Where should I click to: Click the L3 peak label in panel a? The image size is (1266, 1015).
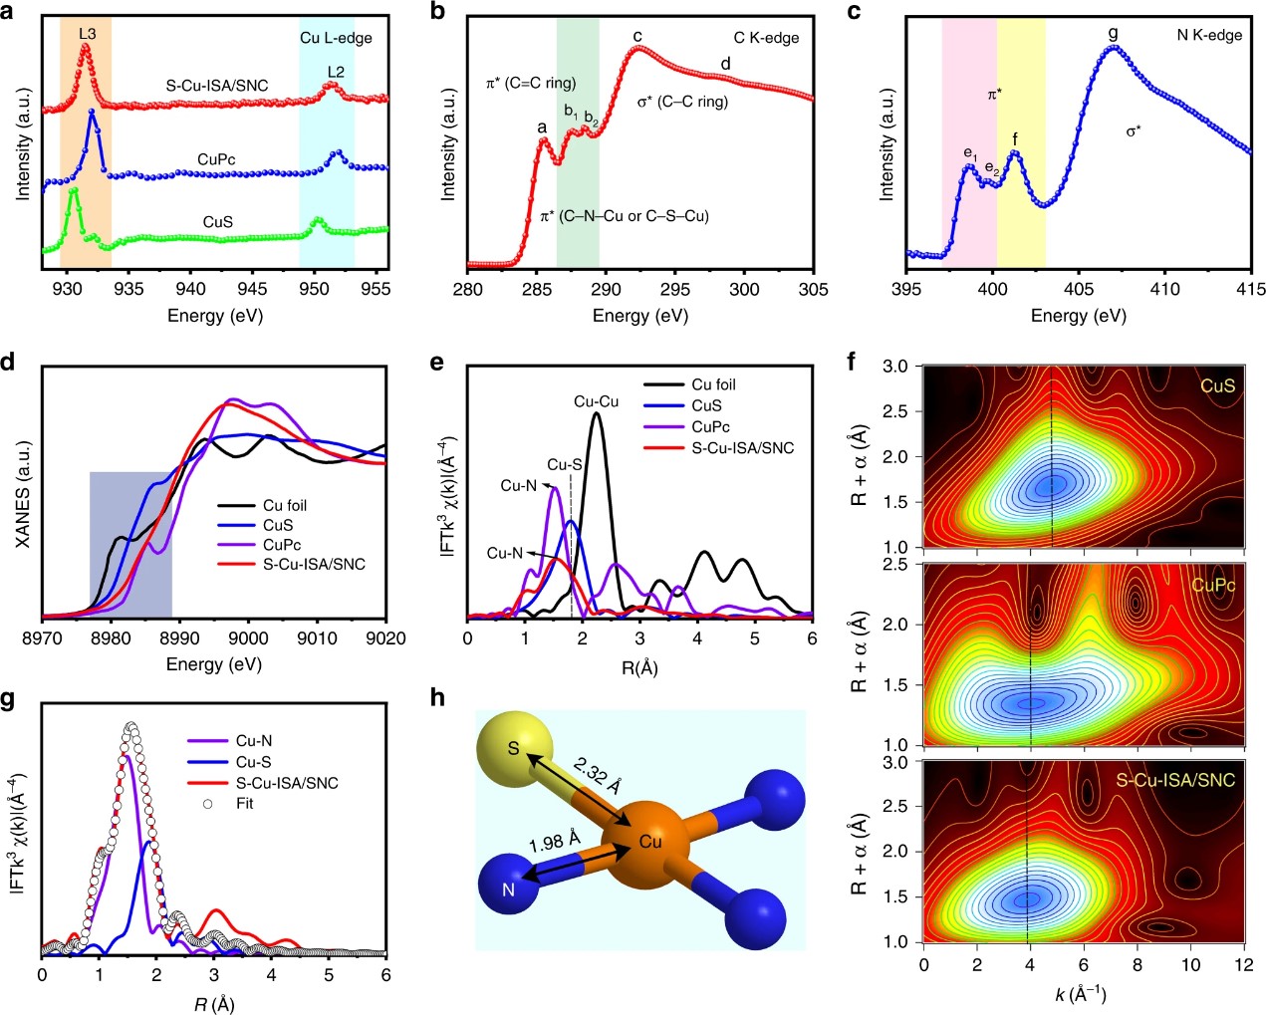88,34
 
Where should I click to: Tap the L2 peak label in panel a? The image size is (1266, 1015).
336,72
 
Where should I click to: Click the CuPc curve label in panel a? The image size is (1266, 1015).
216,159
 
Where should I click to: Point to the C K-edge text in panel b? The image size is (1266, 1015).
766,38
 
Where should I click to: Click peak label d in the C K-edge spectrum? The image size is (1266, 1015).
725,65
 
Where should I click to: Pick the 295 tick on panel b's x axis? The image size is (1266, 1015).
675,289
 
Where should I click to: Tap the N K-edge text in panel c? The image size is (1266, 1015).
1209,35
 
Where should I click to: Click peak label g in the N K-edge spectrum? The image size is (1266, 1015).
1113,34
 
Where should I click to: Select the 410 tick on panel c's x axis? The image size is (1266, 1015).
1164,289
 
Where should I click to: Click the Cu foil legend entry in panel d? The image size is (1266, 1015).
284,505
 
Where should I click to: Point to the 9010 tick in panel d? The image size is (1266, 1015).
317,638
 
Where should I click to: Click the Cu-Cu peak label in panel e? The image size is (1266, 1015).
596,401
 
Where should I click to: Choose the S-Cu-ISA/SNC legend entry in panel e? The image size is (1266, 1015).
742,448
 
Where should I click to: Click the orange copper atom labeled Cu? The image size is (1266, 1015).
649,842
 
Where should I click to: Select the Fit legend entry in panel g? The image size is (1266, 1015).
244,803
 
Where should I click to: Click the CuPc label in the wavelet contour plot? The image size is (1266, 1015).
1212,585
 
